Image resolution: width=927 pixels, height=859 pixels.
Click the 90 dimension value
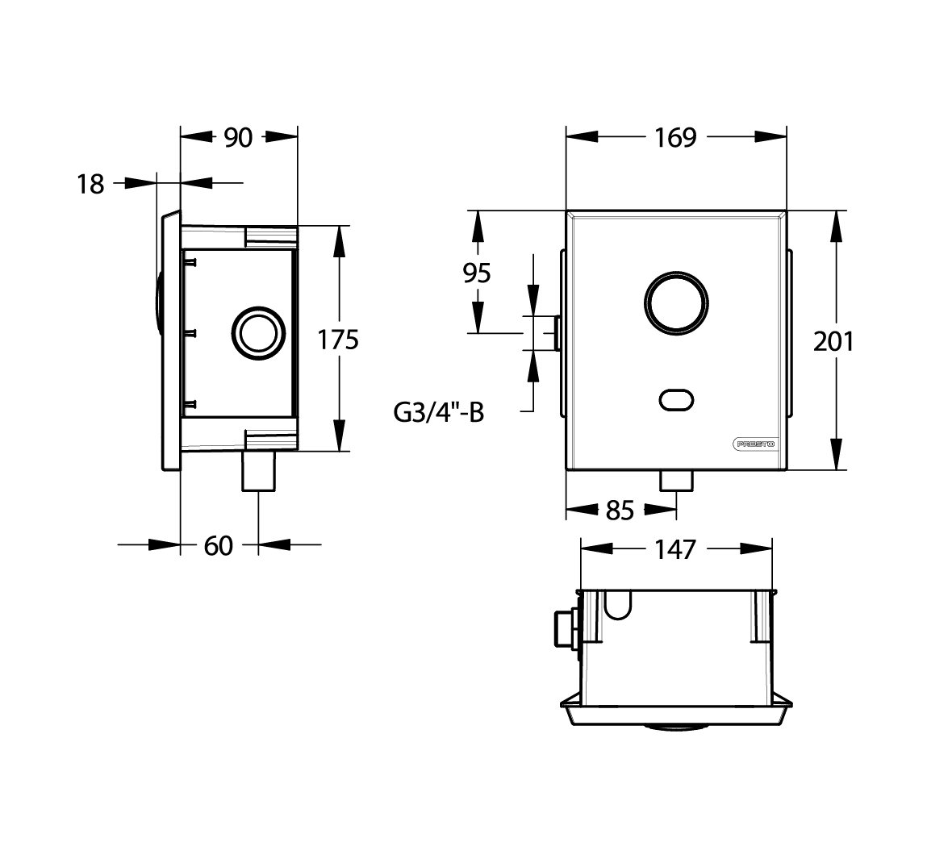(238, 138)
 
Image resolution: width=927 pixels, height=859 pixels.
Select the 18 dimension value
(90, 185)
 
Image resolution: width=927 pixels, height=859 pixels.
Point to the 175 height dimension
(338, 340)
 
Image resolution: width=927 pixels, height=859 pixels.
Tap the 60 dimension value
(218, 546)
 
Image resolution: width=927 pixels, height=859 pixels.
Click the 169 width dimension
(676, 138)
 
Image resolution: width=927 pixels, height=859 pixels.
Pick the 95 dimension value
(477, 273)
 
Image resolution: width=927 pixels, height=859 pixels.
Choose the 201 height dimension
(833, 342)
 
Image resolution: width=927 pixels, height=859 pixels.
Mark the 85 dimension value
(620, 511)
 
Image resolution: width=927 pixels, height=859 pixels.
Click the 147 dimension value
(676, 550)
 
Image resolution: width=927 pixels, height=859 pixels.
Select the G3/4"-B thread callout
(439, 413)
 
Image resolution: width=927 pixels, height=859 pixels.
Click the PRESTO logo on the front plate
(754, 444)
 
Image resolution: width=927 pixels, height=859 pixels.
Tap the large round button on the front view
(676, 303)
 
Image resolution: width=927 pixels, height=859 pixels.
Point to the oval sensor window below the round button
(676, 400)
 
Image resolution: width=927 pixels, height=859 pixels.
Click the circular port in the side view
(258, 333)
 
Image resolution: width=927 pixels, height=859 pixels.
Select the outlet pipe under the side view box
(258, 471)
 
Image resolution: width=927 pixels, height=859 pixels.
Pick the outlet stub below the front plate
(676, 480)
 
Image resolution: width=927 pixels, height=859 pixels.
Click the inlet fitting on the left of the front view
(557, 333)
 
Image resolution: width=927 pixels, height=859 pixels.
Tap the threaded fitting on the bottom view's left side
(566, 628)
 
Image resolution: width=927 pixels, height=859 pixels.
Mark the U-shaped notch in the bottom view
(618, 605)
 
